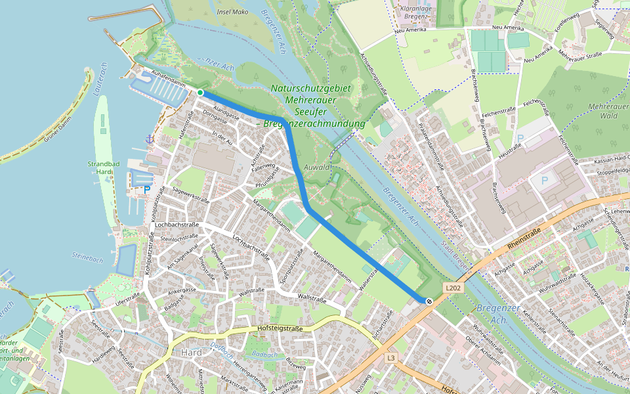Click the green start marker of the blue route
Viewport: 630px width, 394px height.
pos(200,93)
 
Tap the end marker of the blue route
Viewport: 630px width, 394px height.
pos(429,301)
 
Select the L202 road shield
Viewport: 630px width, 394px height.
pos(452,288)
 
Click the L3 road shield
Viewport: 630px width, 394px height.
pos(391,358)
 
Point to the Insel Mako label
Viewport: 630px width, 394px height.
pos(231,12)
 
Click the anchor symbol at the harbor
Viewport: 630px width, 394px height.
pos(150,139)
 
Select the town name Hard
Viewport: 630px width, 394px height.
pos(190,353)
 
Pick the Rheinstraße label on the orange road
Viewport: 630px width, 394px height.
pos(523,238)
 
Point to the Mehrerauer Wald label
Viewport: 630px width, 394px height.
pos(603,110)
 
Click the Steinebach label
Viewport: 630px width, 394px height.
pos(87,259)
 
